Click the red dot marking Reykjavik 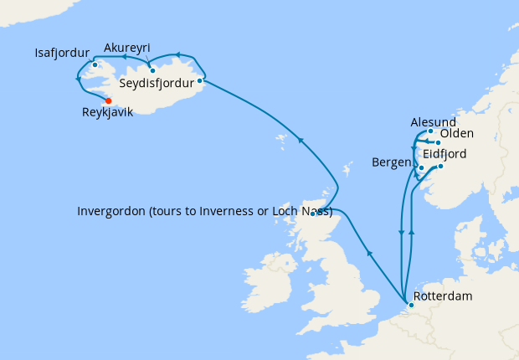pos(109,100)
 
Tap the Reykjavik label pos(108,112)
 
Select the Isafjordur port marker pos(95,64)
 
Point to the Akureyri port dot pos(152,70)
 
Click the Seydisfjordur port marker pos(200,81)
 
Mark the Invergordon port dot pos(313,213)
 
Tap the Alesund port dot pos(430,131)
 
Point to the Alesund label pos(434,122)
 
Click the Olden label pos(456,134)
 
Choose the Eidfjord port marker pos(440,166)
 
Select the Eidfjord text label pos(444,155)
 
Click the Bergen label pos(392,161)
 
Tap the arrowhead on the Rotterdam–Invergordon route pos(367,251)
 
